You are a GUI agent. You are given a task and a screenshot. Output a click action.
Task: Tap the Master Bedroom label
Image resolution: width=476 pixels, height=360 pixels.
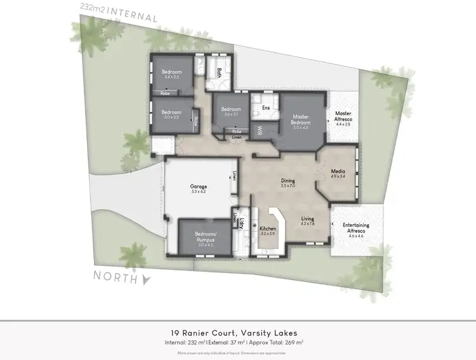(300, 120)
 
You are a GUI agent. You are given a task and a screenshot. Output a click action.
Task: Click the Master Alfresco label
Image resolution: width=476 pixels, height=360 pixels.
(342, 119)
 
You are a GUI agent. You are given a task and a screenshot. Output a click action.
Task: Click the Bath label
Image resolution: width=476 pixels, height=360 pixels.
(219, 72)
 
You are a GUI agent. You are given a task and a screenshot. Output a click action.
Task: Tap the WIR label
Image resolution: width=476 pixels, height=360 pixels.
(260, 130)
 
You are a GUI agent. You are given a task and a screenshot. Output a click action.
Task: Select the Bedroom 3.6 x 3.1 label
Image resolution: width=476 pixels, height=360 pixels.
(230, 111)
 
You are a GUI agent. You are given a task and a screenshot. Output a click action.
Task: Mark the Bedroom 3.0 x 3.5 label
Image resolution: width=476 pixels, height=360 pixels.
(171, 115)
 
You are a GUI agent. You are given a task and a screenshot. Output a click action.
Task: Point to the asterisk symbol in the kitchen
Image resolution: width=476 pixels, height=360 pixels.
(255, 226)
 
